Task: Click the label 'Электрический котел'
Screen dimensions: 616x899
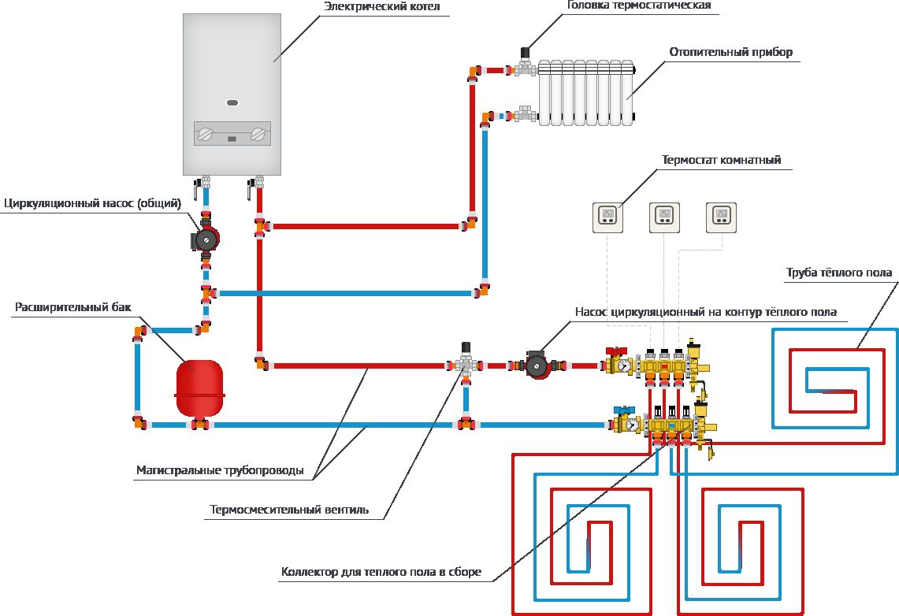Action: (x=381, y=7)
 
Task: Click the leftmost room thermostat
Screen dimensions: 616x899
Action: (x=607, y=217)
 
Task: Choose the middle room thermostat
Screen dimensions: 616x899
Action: (x=664, y=217)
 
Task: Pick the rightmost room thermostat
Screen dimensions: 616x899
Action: (x=721, y=217)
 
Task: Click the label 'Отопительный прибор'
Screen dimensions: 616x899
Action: (x=730, y=53)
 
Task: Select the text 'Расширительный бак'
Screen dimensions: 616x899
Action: (x=61, y=306)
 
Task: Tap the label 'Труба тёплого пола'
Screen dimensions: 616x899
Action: (x=838, y=273)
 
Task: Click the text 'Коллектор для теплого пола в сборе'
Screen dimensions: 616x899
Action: (x=381, y=572)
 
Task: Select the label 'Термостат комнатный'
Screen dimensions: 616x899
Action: (x=721, y=159)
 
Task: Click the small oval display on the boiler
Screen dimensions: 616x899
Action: (x=232, y=102)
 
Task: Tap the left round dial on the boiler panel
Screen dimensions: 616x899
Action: (x=206, y=134)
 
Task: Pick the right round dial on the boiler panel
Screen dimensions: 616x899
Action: (x=257, y=134)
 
